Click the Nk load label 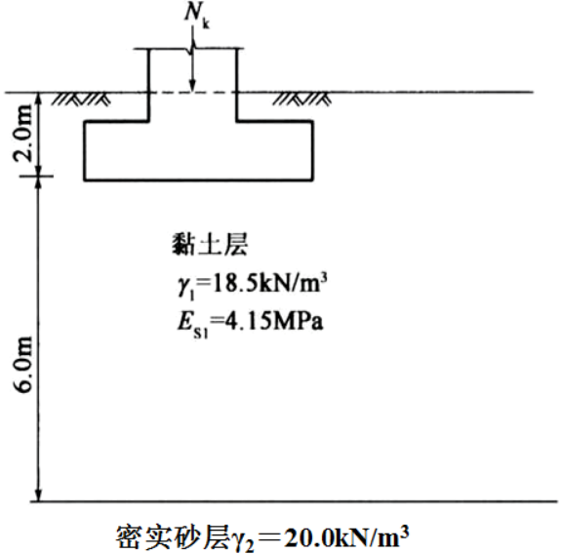[196, 16]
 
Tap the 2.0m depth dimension [24, 133]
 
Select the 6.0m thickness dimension [24, 365]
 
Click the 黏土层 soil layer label [210, 245]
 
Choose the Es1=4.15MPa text [251, 322]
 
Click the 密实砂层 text [172, 537]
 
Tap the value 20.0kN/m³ [347, 537]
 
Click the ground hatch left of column [81, 99]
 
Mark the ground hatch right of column [301, 99]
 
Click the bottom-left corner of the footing [85, 180]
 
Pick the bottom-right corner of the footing [313, 180]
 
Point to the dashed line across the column [192, 93]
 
